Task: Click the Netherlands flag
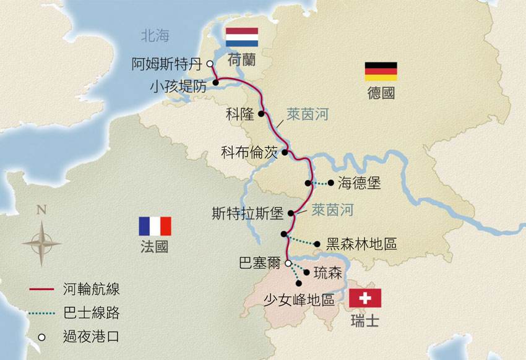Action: pos(241,37)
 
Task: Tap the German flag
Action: pos(381,72)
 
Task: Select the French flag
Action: pos(155,226)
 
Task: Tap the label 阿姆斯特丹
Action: pos(168,63)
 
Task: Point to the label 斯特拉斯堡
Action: pos(247,215)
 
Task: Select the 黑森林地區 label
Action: pos(361,244)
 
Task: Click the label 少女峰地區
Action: pos(299,300)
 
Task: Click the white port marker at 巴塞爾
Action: pos(288,263)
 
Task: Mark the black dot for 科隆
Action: pos(261,114)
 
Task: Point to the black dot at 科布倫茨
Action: pos(285,152)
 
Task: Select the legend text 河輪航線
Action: pos(92,289)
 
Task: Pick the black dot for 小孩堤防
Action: pos(215,82)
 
